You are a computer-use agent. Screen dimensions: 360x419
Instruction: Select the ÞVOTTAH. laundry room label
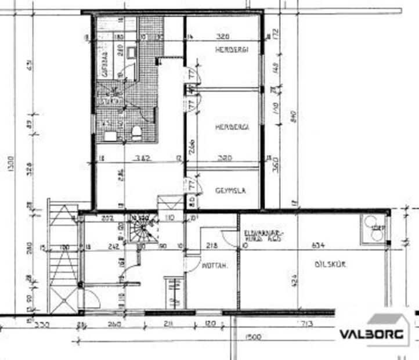pyautogui.click(x=214, y=268)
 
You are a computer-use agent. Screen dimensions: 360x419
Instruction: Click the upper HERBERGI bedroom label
pyautogui.click(x=231, y=51)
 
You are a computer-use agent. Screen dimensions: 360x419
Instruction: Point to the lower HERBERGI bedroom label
pyautogui.click(x=231, y=127)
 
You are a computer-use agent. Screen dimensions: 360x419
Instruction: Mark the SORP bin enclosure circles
pyautogui.click(x=371, y=228)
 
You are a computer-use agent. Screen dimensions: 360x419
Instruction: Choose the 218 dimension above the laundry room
pyautogui.click(x=211, y=246)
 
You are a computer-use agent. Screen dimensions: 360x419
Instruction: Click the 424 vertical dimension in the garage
pyautogui.click(x=294, y=279)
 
